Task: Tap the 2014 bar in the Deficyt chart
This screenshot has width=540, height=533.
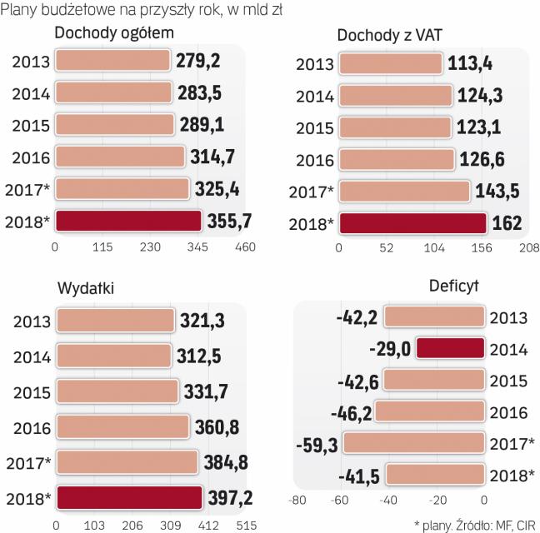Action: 450,349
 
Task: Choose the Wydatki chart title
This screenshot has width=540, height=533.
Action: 86,288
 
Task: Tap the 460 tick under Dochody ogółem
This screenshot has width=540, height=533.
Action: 245,247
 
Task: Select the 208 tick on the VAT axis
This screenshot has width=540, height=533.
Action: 528,248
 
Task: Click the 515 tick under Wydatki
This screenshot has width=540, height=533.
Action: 244,526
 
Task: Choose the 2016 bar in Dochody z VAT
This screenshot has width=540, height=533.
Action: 396,159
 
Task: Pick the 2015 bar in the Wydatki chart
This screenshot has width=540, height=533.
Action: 117,391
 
